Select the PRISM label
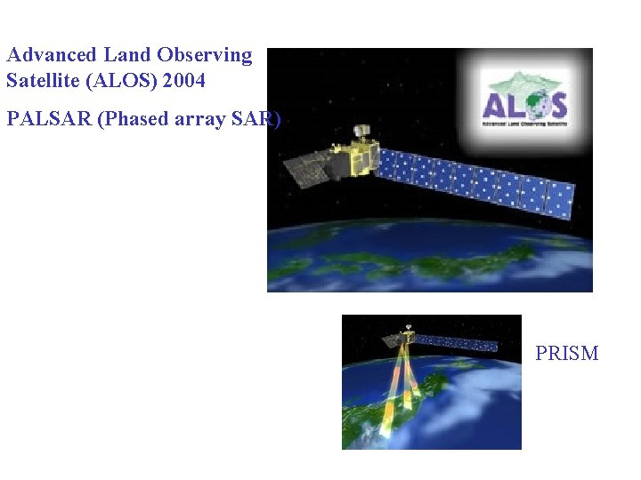point(566,354)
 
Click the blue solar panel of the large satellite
point(472,181)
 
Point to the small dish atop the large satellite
point(361,131)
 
